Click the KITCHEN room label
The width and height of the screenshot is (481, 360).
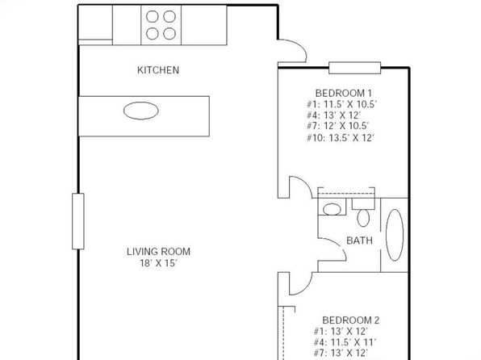(x=158, y=70)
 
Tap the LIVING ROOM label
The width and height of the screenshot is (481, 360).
(x=159, y=252)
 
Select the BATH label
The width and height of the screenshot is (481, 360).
(x=359, y=241)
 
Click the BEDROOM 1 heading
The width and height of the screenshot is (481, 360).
(x=344, y=93)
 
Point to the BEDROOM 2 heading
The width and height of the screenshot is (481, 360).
(x=350, y=320)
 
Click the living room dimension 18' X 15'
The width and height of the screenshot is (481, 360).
(x=159, y=263)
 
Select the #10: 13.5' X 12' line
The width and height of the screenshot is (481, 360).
(x=341, y=138)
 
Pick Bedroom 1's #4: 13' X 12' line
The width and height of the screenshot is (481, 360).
(x=334, y=115)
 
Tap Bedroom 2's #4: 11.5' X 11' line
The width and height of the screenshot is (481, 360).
(x=345, y=342)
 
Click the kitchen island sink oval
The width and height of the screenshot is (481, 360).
(x=141, y=111)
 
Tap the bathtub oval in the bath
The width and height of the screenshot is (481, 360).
(x=395, y=236)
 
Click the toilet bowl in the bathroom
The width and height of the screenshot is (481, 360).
(x=363, y=218)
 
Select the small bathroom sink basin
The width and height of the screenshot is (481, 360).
(x=332, y=209)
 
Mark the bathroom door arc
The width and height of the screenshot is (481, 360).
(x=338, y=245)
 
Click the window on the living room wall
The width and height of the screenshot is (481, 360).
(x=78, y=221)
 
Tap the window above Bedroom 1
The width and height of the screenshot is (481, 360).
(x=354, y=68)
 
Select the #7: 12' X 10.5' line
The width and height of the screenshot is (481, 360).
(x=337, y=126)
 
